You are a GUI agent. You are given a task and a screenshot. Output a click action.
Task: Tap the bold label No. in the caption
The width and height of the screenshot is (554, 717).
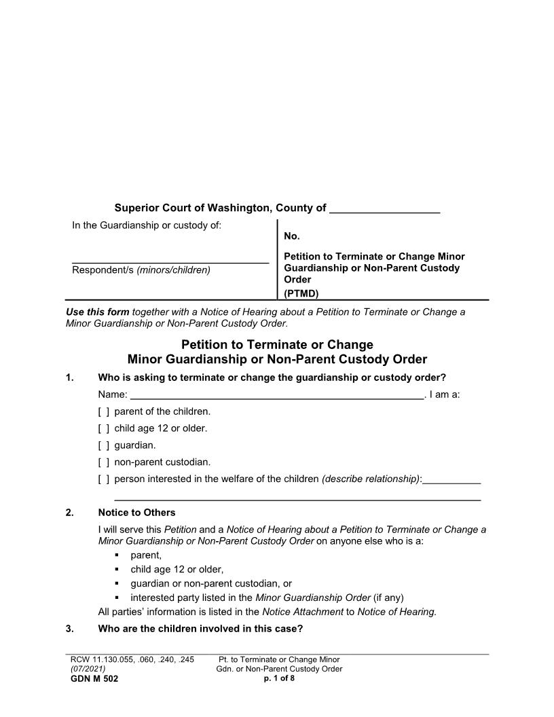(292, 237)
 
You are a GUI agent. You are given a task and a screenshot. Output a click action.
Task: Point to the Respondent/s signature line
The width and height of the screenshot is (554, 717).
(170, 261)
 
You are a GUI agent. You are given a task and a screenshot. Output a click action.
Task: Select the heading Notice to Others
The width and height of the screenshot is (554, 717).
(136, 513)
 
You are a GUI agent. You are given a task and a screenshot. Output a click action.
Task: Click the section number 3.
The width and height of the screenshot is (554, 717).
(70, 628)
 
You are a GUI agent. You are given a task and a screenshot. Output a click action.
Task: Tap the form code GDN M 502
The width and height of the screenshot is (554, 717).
(94, 679)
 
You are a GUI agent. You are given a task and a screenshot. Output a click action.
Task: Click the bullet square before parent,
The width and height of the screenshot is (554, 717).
(117, 555)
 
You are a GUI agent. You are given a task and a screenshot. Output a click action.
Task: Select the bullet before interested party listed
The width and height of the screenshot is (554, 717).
(117, 598)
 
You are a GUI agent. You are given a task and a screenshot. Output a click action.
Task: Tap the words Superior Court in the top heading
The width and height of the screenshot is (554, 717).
(150, 208)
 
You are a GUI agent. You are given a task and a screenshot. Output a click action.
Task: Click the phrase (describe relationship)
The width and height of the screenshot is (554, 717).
(371, 479)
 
